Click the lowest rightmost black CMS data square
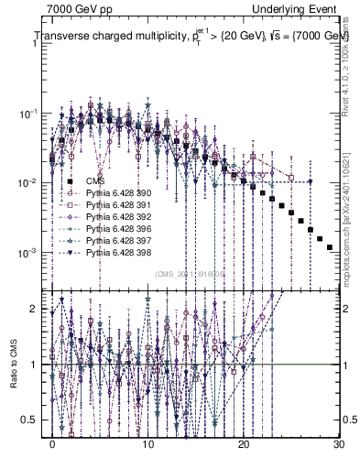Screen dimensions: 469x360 point(330,247)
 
